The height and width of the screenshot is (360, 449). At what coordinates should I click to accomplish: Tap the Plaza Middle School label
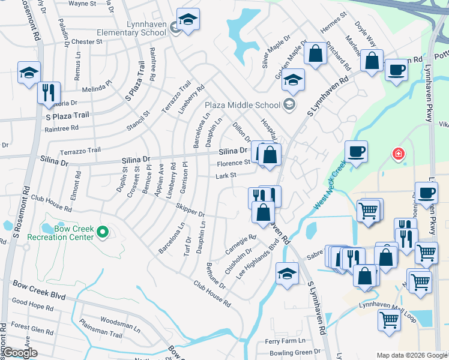244,105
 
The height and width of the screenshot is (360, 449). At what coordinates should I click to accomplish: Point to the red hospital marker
397,154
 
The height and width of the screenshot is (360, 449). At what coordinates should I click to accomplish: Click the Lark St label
226,176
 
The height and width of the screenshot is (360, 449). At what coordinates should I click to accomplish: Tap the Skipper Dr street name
190,210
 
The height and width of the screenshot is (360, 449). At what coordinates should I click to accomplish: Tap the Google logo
21,353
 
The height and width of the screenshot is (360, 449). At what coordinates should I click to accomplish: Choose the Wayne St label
83,4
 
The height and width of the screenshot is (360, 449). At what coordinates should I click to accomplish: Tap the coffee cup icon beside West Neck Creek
356,151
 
